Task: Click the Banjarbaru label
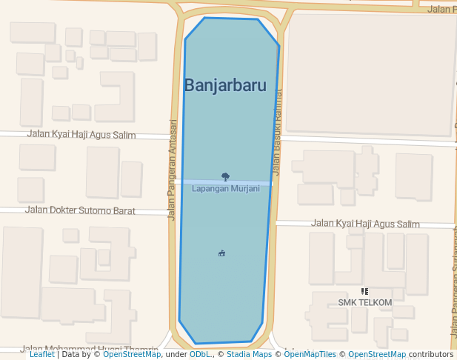(x=224, y=85)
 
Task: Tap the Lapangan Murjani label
(x=226, y=189)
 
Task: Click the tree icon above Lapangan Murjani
(x=226, y=177)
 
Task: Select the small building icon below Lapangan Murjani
(x=222, y=253)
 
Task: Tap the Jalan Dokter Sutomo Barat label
(x=80, y=210)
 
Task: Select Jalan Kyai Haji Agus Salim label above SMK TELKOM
(x=365, y=223)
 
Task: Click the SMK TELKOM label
(x=365, y=302)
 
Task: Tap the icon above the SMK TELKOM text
(x=364, y=292)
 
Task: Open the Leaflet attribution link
(x=41, y=355)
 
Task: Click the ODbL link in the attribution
(x=199, y=355)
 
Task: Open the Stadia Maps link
(x=249, y=355)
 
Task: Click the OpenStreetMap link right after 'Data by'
(x=132, y=355)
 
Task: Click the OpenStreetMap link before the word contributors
(x=377, y=355)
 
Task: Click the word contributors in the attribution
(x=431, y=355)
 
